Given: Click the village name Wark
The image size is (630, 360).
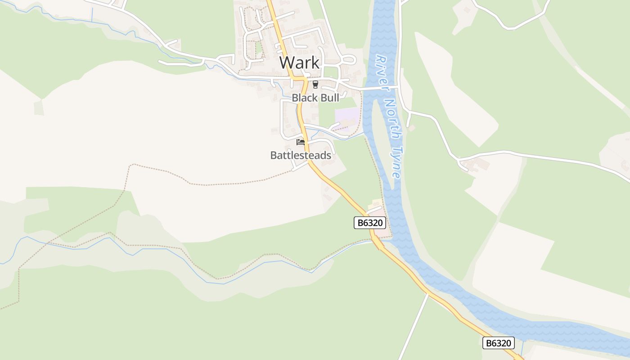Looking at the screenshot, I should click(x=299, y=63).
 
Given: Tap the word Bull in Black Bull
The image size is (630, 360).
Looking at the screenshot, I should click(x=328, y=98).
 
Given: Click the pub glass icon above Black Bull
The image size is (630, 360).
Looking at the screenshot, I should click(x=315, y=85).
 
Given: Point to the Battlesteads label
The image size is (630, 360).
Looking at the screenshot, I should click(x=301, y=155).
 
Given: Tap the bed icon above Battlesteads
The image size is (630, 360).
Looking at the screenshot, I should click(x=301, y=143).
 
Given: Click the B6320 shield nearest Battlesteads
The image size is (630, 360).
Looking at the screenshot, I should click(x=370, y=222).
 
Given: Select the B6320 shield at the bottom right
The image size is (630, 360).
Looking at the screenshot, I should click(x=498, y=343).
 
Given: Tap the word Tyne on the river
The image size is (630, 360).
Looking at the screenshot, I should click(x=396, y=162).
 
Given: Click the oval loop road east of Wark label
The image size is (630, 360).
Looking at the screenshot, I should click(x=349, y=60).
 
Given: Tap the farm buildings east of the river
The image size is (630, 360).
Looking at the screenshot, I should click(x=478, y=165).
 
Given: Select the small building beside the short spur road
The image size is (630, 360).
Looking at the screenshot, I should click(x=411, y=128).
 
